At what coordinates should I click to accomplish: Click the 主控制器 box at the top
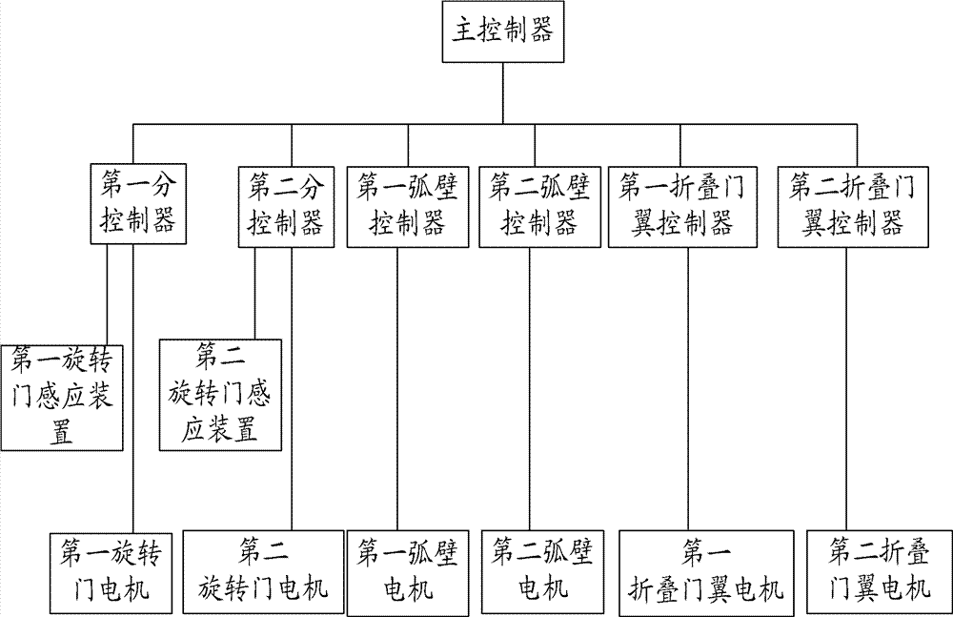(x=503, y=31)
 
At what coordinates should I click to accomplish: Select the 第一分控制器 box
(x=138, y=204)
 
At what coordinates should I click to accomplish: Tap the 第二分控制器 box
(x=286, y=207)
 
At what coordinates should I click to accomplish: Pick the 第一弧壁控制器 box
(x=408, y=207)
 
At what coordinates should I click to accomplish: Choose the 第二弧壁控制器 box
(x=539, y=207)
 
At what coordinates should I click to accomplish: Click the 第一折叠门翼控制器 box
(x=683, y=207)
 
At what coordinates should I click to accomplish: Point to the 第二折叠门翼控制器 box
(x=853, y=207)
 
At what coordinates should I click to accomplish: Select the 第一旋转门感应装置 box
(x=62, y=398)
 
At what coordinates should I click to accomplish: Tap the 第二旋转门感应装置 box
(x=221, y=395)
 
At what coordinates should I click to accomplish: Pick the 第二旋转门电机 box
(x=264, y=573)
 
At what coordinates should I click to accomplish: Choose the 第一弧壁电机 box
(x=408, y=573)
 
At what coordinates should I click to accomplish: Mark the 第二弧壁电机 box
(x=543, y=572)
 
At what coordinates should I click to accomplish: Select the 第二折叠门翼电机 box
(x=879, y=572)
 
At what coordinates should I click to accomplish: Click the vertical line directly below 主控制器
(x=502, y=93)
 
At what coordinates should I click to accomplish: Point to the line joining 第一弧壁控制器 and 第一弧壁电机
(x=398, y=389)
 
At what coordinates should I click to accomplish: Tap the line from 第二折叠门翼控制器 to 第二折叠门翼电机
(x=846, y=389)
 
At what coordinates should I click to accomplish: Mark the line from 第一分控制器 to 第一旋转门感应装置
(x=107, y=295)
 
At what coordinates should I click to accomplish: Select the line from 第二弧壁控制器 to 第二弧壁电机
(x=529, y=389)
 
